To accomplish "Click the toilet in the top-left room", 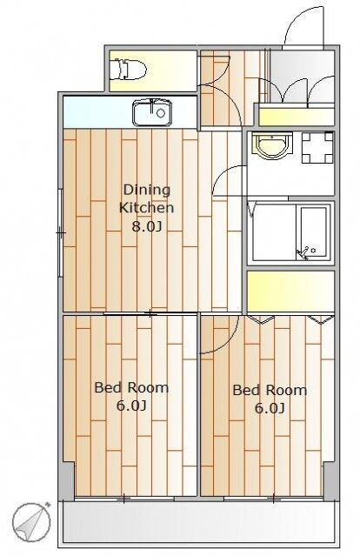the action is (x=128, y=70).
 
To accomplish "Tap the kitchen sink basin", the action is (x=152, y=112).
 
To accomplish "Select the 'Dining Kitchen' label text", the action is (x=146, y=198).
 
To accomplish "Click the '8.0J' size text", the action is (x=147, y=226).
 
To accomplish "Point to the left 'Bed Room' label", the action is (x=131, y=387).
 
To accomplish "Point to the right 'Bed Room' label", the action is (x=270, y=391).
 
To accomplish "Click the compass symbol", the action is (x=31, y=521).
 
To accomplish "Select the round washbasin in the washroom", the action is (x=272, y=145).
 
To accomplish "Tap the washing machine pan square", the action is (x=317, y=147).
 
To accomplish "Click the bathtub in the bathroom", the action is (x=314, y=232).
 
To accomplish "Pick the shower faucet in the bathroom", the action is (x=304, y=253).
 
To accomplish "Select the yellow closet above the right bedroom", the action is (x=290, y=292).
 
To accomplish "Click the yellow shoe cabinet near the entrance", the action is (x=297, y=117).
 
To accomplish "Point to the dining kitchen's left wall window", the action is (x=60, y=232).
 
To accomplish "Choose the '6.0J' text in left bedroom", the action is (x=131, y=406).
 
